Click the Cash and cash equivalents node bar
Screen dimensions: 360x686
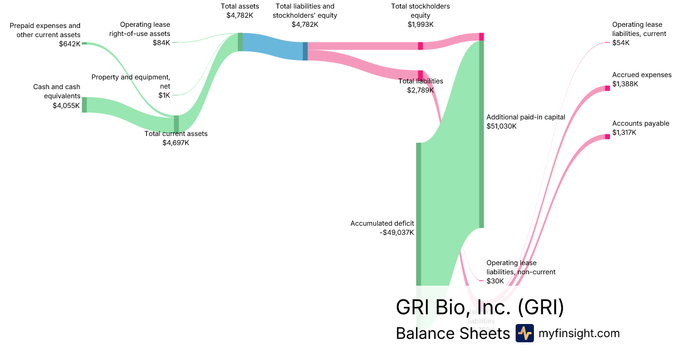coord(85,105)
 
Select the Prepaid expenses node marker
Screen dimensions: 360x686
coord(84,43)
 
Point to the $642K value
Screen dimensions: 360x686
coord(70,43)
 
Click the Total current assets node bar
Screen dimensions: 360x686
coord(176,123)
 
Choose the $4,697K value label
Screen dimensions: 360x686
coord(176,143)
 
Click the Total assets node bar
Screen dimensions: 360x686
coord(240,42)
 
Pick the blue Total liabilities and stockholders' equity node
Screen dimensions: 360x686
coord(305,51)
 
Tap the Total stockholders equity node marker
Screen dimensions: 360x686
coord(420,46)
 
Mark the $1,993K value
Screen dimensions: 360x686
coord(420,25)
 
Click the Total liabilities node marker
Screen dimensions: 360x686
coord(420,75)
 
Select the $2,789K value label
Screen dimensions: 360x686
coord(420,90)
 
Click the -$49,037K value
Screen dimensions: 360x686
coord(397,233)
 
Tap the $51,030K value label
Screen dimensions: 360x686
coord(501,126)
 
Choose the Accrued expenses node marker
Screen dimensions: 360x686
coord(607,88)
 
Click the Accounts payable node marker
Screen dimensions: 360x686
coord(607,137)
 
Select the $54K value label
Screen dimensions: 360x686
coord(621,43)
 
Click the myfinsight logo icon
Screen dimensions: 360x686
coord(524,333)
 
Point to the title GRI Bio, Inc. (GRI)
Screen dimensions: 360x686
coord(480,307)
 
